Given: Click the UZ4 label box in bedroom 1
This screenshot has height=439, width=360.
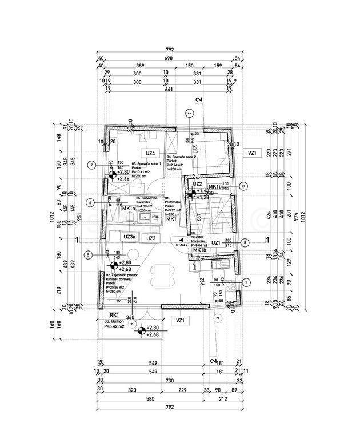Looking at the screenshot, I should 150,153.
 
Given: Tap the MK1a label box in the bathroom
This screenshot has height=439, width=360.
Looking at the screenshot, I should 129,209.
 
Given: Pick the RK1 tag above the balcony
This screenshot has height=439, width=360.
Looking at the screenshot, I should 114,315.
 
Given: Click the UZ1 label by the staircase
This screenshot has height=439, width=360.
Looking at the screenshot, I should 216,242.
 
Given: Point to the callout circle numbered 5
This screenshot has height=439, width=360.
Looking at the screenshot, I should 88,255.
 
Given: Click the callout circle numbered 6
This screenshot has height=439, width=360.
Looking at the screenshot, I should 91,202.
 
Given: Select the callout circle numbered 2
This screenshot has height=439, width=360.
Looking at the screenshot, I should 246,282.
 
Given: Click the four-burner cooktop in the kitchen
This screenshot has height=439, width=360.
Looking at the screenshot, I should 226,289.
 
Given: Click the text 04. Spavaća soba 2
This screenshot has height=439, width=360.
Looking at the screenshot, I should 182,157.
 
